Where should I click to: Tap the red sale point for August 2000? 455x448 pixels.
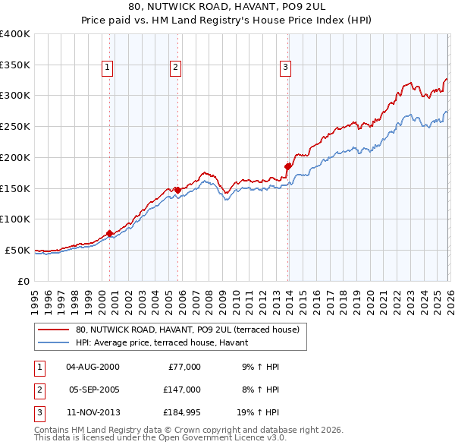pos(109,233)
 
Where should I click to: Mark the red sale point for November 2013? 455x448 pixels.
pos(288,166)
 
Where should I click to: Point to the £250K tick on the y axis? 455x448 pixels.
pos(14,126)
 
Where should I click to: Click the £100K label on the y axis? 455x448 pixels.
pos(14,219)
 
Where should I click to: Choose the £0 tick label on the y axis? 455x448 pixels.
pos(24,281)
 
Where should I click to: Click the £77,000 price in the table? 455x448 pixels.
pos(184,367)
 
